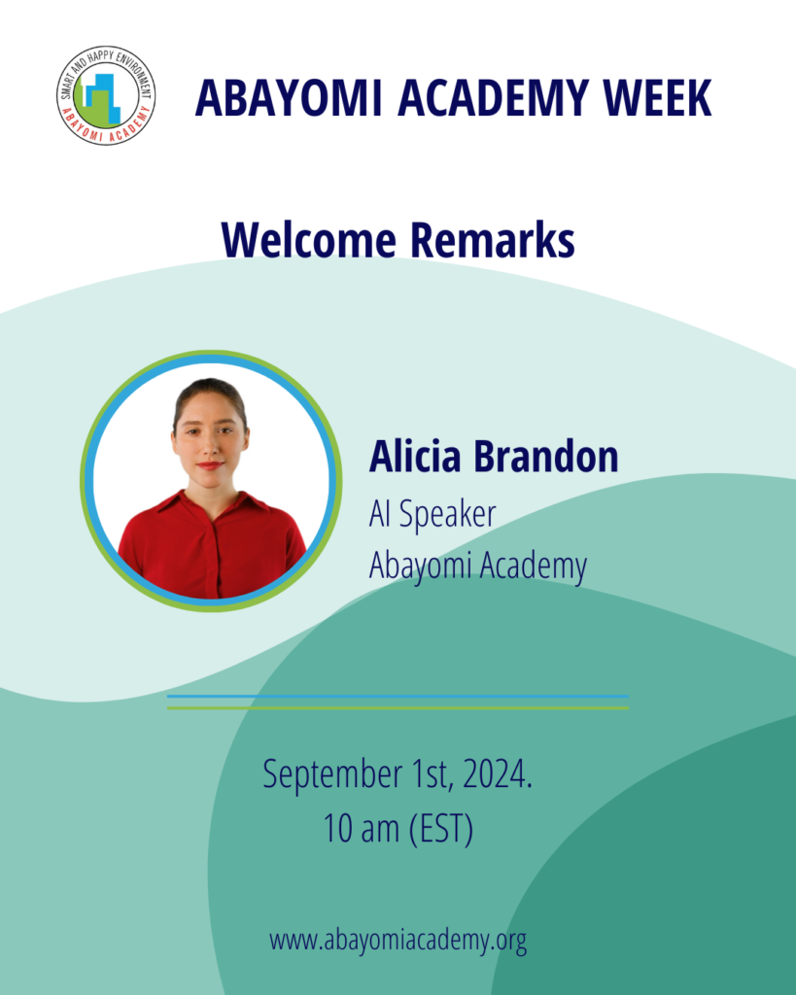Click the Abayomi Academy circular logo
(x=106, y=96)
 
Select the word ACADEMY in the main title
(x=493, y=98)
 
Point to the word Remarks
(x=493, y=240)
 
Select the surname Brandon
(x=546, y=457)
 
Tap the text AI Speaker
(x=433, y=514)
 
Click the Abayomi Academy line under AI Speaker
(x=478, y=566)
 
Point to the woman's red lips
(x=210, y=465)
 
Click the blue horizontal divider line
(x=398, y=697)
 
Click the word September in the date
(x=332, y=775)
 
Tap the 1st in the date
(x=432, y=774)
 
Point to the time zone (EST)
(x=440, y=829)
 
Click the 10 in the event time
(x=337, y=829)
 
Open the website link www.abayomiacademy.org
(x=398, y=940)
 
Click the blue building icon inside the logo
(x=104, y=96)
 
